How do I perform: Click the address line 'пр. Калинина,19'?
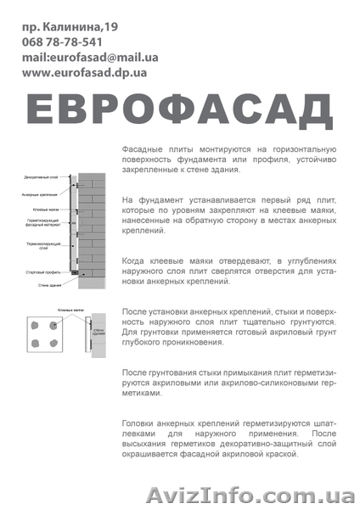pyautogui.click(x=71, y=27)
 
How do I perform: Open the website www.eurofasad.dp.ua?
pyautogui.click(x=85, y=73)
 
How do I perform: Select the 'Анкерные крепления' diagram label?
pyautogui.click(x=39, y=194)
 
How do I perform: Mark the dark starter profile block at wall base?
pyautogui.click(x=75, y=273)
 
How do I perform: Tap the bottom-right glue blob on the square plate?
pyautogui.click(x=53, y=344)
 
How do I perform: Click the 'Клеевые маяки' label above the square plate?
pyautogui.click(x=70, y=311)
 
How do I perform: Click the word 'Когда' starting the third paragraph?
pyautogui.click(x=135, y=264)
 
